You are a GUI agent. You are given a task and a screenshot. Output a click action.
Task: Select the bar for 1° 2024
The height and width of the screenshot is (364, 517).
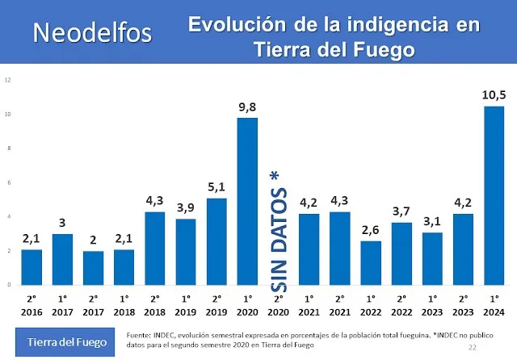tap(494, 195)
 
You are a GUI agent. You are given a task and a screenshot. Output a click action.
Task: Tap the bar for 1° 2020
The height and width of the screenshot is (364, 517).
tap(247, 201)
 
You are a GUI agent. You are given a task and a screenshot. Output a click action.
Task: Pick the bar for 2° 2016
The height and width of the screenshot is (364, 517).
tap(32, 266)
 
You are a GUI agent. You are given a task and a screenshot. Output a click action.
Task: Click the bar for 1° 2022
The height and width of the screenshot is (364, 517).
tap(371, 262)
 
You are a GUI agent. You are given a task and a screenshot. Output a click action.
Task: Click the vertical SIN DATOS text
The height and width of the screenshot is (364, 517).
tap(280, 231)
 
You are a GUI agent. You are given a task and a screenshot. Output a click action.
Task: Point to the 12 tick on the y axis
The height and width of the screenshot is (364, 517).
tap(7, 80)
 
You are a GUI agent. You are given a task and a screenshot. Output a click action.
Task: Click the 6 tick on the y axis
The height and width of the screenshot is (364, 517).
tap(8, 182)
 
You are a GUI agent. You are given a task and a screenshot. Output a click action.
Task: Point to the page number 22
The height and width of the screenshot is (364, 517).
tap(473, 347)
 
